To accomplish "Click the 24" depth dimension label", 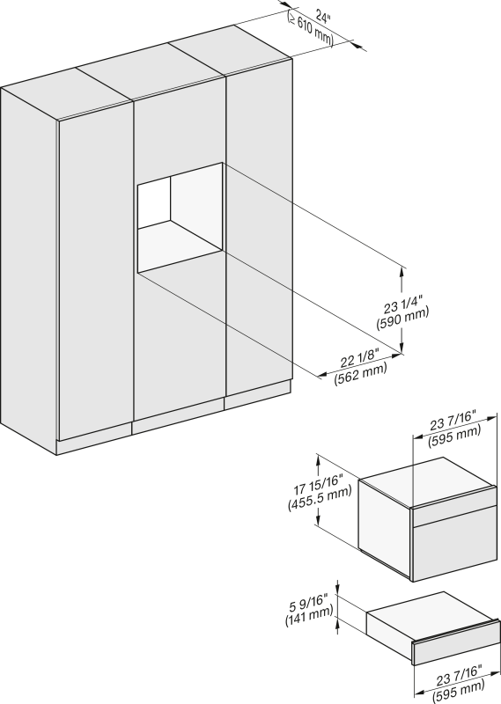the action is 322,17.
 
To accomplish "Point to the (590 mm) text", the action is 402,321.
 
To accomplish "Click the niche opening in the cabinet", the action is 181,216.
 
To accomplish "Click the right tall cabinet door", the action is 259,233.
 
